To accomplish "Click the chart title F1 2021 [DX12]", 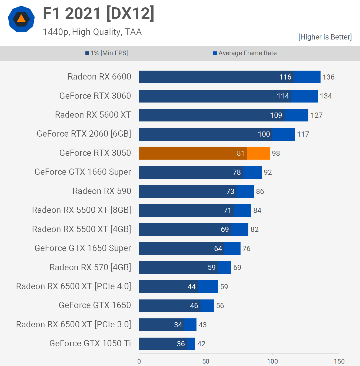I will (99, 14).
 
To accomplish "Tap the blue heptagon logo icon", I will (21, 19).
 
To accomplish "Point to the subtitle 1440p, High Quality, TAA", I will (92, 32).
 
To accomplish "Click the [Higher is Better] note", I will (325, 37).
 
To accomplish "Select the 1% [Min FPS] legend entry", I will (107, 53).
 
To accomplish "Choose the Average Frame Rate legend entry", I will (245, 53).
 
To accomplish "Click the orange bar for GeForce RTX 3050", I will (204, 153).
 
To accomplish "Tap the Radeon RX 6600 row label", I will (99, 77).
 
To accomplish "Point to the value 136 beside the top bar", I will (328, 77).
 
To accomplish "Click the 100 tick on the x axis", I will (272, 361).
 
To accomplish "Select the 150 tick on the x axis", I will (339, 361).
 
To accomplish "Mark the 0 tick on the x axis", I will (139, 361).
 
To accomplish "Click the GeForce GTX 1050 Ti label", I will (90, 343).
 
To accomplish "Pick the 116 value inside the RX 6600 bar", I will (285, 77).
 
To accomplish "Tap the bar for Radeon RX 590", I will (196, 191).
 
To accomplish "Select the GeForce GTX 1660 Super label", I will (83, 172).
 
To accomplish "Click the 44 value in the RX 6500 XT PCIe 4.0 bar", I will (191, 287).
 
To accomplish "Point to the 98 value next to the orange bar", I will (276, 153).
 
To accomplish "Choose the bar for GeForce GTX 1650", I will (176, 306).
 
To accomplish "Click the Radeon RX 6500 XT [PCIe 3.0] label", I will (74, 324).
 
